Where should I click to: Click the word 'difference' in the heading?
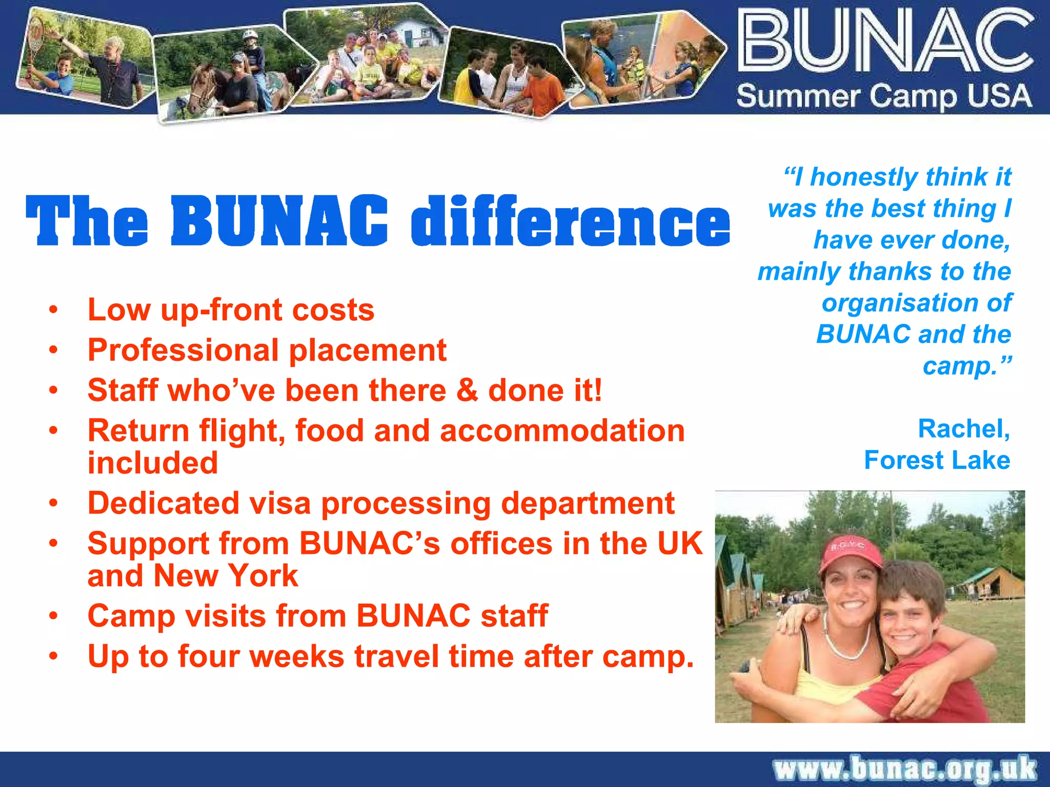(570, 221)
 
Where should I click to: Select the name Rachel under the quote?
(963, 429)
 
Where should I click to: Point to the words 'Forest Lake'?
(937, 460)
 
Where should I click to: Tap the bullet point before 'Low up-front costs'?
(53, 310)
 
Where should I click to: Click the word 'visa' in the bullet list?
(276, 503)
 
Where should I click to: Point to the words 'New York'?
(226, 576)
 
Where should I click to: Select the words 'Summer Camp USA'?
(884, 96)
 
